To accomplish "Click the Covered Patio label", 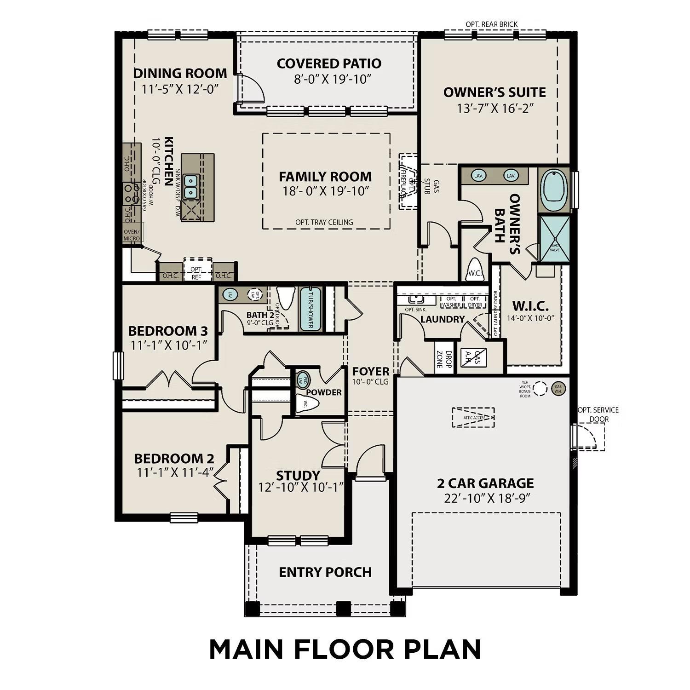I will (x=329, y=63).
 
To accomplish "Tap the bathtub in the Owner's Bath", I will (x=554, y=190).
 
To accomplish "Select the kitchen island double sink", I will (x=190, y=187).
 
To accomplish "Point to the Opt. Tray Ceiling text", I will (x=324, y=222).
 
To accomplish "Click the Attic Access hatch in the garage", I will (x=473, y=418).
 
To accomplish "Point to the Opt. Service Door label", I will (x=598, y=414).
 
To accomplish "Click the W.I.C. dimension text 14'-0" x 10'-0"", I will (x=530, y=318).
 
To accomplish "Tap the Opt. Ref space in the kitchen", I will (x=196, y=272).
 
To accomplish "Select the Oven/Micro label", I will (x=132, y=235).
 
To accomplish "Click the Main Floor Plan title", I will (x=345, y=649).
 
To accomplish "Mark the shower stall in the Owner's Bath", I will (x=554, y=239).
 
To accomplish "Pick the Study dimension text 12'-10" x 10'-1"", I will (x=301, y=487).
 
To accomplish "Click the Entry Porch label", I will (x=325, y=572).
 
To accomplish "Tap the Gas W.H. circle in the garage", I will (x=558, y=388).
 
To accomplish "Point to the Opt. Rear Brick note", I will (x=491, y=24).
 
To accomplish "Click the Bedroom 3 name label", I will (x=168, y=331).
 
